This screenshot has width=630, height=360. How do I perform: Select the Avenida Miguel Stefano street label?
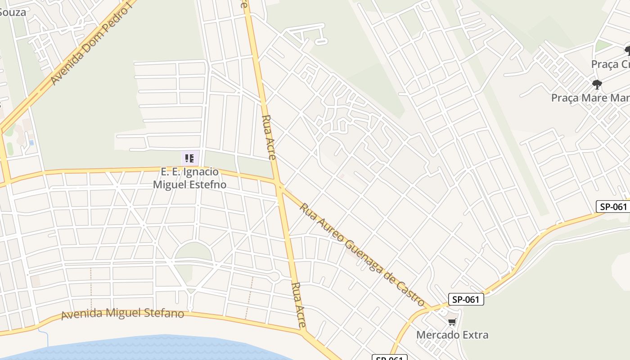(122, 313)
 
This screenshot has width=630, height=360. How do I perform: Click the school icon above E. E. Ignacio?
(189, 158)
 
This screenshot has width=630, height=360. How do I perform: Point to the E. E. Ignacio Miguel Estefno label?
(189, 178)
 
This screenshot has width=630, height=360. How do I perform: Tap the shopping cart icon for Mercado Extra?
(452, 322)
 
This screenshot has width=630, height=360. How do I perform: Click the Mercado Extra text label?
(452, 335)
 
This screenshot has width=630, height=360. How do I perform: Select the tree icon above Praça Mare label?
(597, 84)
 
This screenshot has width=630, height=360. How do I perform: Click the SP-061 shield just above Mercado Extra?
(466, 299)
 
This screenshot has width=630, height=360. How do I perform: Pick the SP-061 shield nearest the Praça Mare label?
(612, 207)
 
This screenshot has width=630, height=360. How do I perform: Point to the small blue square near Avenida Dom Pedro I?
(31, 143)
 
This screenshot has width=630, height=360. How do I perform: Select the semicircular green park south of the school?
(193, 251)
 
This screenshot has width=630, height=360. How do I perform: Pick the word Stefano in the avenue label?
(163, 313)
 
